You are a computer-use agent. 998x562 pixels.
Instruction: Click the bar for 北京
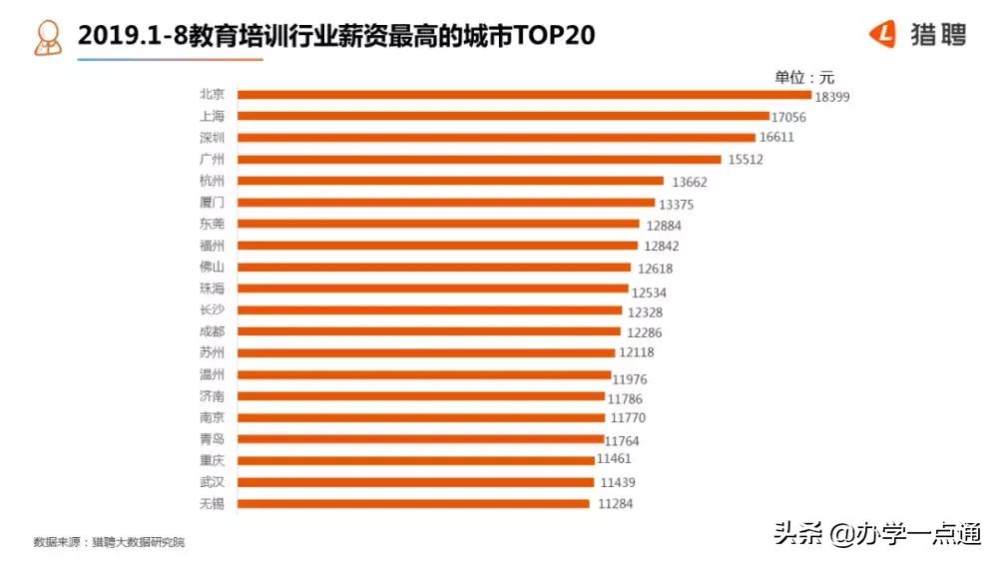tap(524, 95)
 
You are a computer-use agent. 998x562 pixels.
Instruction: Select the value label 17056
tap(788, 118)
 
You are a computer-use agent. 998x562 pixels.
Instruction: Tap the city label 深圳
tap(212, 137)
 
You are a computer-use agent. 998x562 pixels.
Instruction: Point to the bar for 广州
tap(479, 160)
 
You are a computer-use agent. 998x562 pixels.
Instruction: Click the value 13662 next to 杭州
tap(689, 182)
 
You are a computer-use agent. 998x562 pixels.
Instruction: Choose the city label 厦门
tap(212, 203)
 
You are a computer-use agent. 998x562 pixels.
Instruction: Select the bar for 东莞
tap(438, 225)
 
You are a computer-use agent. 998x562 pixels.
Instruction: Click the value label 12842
tap(662, 247)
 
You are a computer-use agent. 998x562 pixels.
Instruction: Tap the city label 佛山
tap(212, 267)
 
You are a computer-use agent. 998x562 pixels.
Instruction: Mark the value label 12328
tap(646, 311)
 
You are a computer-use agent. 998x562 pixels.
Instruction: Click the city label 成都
tap(212, 331)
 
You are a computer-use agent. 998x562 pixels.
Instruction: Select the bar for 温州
tap(424, 375)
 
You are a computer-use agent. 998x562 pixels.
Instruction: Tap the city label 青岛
tap(212, 438)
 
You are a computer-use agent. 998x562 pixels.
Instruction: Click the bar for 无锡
tap(413, 504)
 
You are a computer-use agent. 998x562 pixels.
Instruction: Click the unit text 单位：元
tap(803, 77)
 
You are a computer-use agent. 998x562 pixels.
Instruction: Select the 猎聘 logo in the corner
tap(917, 35)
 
